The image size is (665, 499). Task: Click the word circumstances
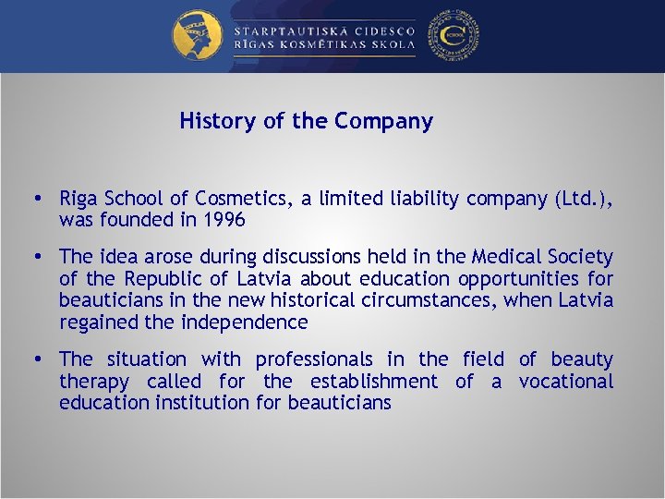(x=418, y=300)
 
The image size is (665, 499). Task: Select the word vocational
(x=565, y=382)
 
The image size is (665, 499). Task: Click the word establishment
(x=374, y=382)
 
